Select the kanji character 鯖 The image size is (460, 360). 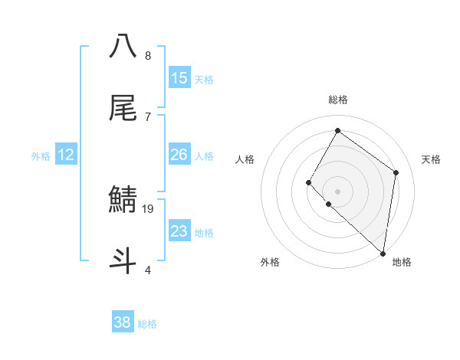click(123, 201)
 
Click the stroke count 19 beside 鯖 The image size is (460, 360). click(149, 208)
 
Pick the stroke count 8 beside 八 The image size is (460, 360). click(148, 55)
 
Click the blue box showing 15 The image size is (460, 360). click(179, 78)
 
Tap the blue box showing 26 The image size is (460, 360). click(179, 155)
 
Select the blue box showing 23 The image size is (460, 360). click(179, 231)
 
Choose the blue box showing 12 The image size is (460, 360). click(66, 155)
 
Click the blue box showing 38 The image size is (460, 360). click(123, 322)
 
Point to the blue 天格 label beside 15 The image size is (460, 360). click(204, 79)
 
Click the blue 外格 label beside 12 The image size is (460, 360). click(41, 155)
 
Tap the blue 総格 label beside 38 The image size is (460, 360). click(147, 323)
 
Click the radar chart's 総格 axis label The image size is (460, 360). click(337, 100)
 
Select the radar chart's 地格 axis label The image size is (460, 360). click(402, 262)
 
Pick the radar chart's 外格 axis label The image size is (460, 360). click(270, 262)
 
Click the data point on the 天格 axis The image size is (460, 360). click(396, 172)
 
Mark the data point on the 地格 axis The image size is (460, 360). click(383, 253)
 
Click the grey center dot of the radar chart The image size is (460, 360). click(337, 191)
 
